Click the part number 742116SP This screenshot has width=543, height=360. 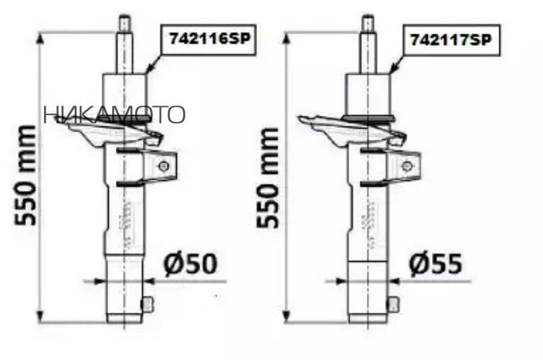209,39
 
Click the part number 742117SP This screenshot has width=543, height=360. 451,40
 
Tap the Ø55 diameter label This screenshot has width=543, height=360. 435,265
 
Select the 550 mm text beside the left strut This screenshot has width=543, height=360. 25,175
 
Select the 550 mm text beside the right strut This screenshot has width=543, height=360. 267,178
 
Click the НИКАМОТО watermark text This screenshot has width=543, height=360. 114,115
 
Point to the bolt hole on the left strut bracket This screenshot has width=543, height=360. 163,166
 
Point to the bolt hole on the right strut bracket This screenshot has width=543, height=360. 407,166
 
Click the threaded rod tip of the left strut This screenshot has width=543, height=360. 124,23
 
